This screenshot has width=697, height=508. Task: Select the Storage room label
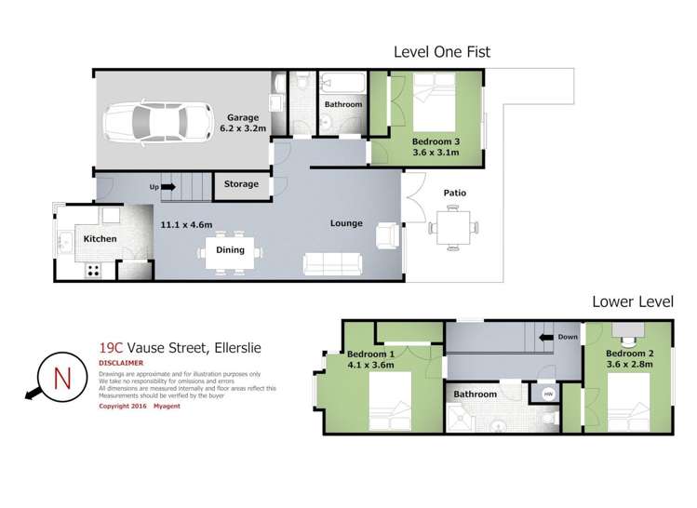click(x=241, y=184)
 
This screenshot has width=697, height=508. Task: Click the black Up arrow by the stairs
click(x=168, y=187)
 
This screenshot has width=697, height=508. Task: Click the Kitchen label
click(x=101, y=239)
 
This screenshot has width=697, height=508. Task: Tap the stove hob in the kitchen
click(x=94, y=271)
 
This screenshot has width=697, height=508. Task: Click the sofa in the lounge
click(x=333, y=264)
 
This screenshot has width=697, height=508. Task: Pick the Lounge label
click(x=345, y=223)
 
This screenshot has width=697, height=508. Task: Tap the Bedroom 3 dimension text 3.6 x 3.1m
click(x=436, y=154)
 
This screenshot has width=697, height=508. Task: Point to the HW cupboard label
click(x=548, y=394)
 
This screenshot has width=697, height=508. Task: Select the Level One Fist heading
click(x=442, y=52)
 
